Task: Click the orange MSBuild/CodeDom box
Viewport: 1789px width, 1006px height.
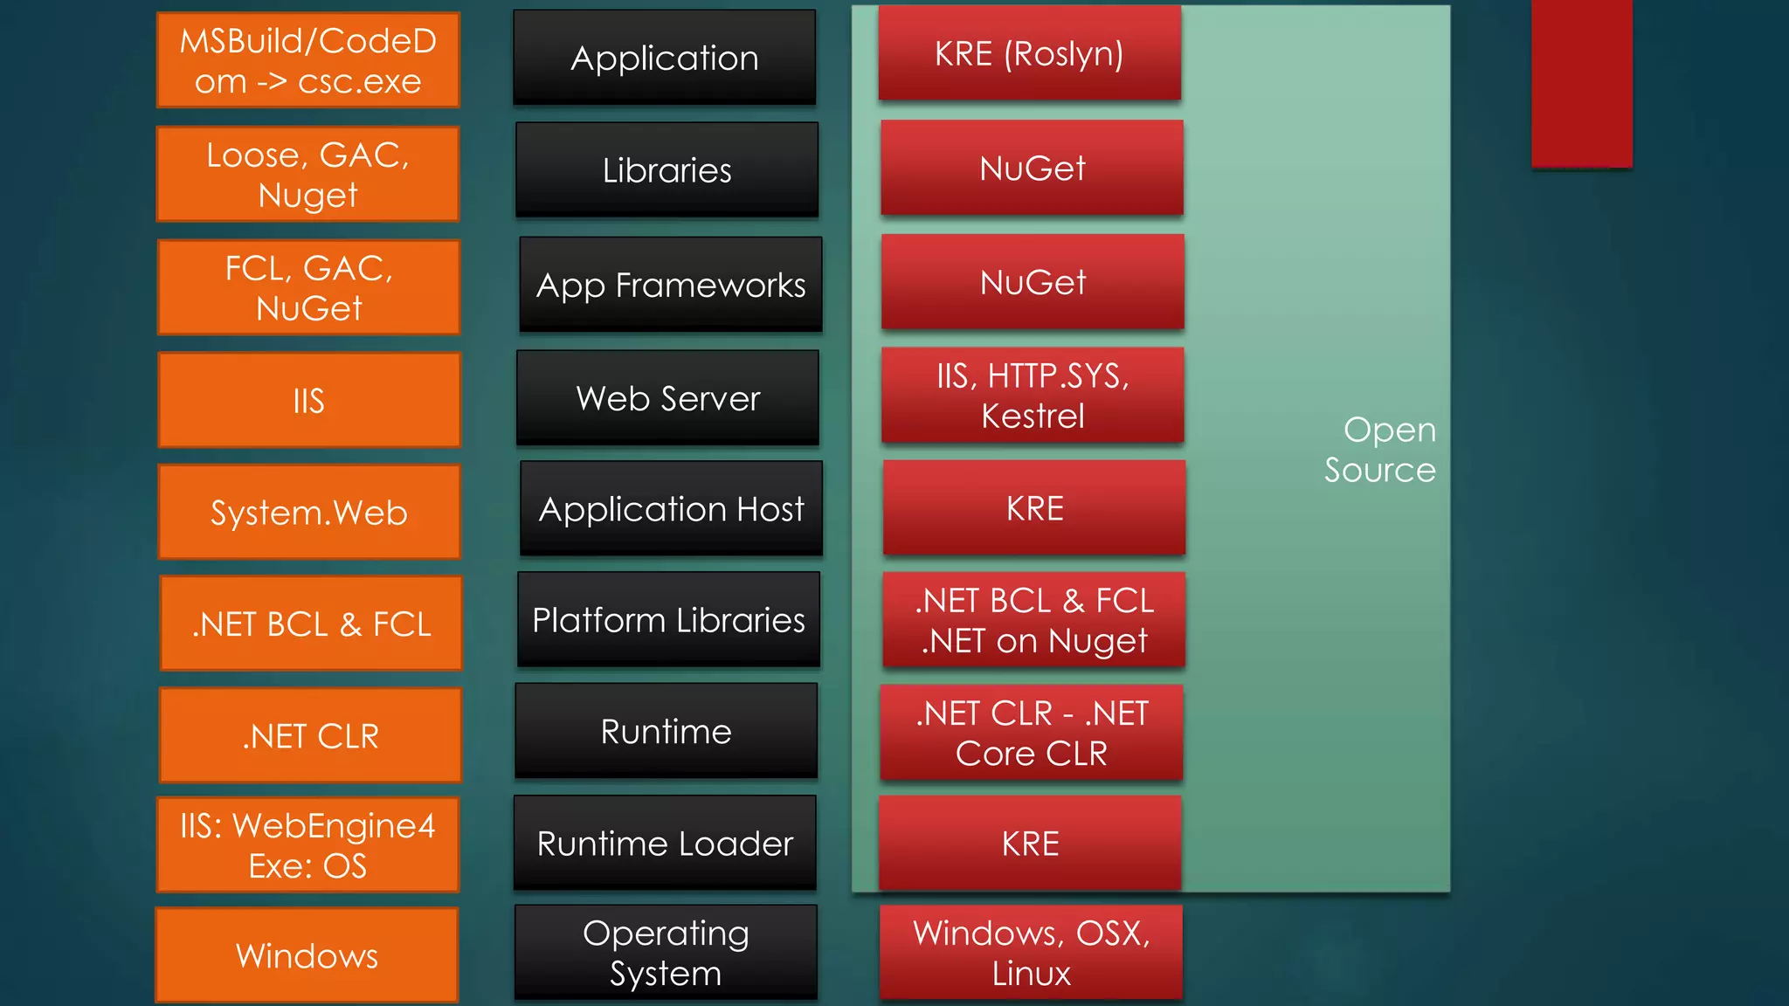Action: [x=307, y=60]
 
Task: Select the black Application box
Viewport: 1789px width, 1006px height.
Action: [x=664, y=58]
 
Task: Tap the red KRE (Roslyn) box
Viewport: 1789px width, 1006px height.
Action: [x=1029, y=53]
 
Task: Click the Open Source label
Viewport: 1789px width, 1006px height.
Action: [x=1379, y=450]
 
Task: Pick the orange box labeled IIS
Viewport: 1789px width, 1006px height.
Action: [x=308, y=400]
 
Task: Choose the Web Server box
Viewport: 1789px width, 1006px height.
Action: [x=667, y=398]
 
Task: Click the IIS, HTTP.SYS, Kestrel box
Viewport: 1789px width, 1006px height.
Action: [x=1033, y=396]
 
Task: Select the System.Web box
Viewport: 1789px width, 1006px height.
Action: [x=308, y=512]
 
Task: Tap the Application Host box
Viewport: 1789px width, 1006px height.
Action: [x=671, y=508]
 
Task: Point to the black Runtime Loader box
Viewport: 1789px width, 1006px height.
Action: [x=665, y=843]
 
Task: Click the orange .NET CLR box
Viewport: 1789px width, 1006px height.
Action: [x=310, y=735]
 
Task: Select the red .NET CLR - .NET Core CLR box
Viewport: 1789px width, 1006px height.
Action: [x=1031, y=733]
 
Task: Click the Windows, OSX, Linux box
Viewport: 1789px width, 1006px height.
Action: [x=1031, y=952]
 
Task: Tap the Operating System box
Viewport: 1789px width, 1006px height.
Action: [x=666, y=952]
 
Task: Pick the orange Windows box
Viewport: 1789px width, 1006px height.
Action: [x=307, y=954]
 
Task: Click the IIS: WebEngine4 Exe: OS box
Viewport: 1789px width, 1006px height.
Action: [x=307, y=844]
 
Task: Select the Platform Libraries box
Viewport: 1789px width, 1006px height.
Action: [x=668, y=619]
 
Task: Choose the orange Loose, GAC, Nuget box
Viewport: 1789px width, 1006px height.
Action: [x=307, y=174]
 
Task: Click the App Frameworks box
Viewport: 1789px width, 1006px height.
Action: [x=670, y=285]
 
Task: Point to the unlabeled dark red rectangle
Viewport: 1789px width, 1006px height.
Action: [x=1581, y=83]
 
